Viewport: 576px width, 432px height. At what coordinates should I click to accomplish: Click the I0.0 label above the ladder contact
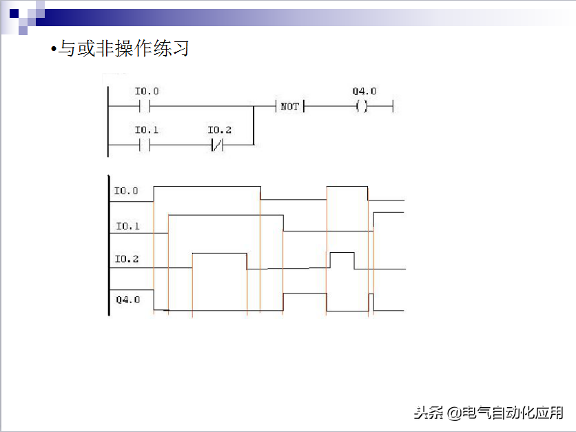(x=147, y=92)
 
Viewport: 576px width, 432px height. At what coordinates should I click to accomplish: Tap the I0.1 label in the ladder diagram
(x=147, y=130)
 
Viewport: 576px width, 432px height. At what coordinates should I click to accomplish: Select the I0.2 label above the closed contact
(x=220, y=130)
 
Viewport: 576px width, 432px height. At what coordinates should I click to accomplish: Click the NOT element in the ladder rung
(x=290, y=107)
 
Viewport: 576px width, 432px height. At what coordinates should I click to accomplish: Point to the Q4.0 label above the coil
(x=364, y=92)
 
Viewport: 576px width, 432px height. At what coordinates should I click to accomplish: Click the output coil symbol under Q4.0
(x=362, y=107)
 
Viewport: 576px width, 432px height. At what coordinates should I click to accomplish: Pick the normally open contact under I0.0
(x=145, y=107)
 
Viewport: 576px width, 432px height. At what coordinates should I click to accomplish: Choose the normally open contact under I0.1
(x=145, y=145)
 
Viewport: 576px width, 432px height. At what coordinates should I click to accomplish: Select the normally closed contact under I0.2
(x=218, y=145)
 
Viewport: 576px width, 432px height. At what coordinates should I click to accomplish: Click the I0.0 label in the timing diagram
(x=126, y=191)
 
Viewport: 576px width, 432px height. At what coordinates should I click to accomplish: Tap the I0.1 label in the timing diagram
(x=127, y=226)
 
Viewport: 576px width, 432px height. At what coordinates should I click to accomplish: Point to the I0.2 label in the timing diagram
(x=126, y=259)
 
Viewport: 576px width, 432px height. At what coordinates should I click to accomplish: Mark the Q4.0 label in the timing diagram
(x=127, y=300)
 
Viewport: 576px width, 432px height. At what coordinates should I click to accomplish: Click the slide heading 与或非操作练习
(x=123, y=49)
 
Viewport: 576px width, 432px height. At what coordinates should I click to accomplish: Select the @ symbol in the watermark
(x=453, y=413)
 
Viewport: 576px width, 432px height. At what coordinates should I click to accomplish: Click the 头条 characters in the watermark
(x=429, y=413)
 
